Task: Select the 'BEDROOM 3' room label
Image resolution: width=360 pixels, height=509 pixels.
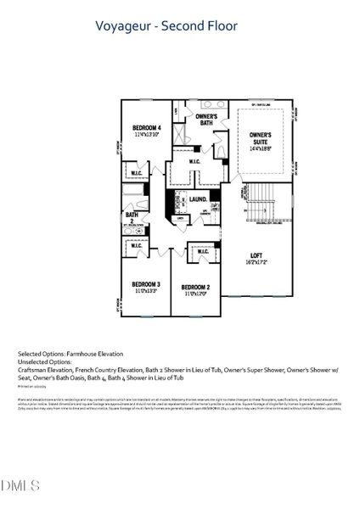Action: tap(146, 283)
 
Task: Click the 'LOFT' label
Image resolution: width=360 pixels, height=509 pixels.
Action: tap(256, 255)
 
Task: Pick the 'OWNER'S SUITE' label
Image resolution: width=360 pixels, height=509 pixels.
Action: tap(261, 136)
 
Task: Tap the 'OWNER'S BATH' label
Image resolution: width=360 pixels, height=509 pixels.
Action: tap(206, 119)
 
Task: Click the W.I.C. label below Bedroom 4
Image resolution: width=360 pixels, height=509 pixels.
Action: tap(138, 175)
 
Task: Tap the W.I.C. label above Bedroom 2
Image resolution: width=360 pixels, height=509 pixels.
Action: tap(204, 252)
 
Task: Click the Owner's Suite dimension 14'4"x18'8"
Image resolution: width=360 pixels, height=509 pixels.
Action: tap(261, 148)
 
